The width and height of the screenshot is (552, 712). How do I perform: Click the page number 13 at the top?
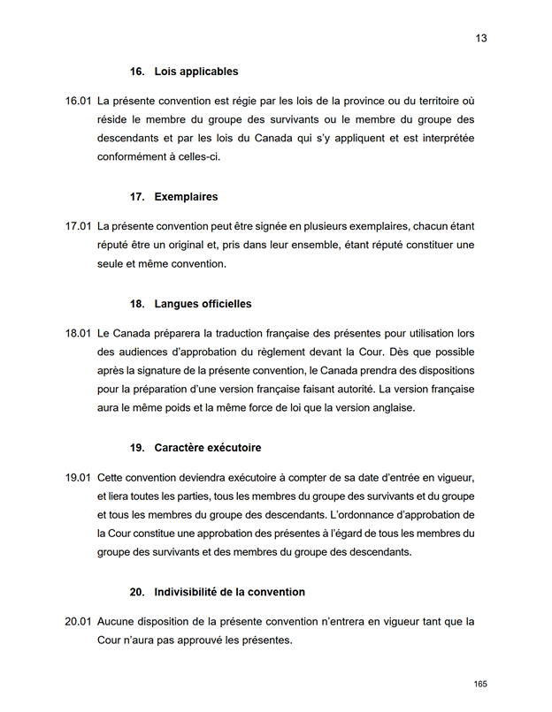coord(481,38)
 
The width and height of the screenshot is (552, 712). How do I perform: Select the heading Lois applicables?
coord(195,72)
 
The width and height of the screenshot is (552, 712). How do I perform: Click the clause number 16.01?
coord(78,101)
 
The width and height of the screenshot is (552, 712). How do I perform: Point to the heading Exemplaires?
coord(186,197)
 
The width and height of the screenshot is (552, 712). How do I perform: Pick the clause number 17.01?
coord(78,226)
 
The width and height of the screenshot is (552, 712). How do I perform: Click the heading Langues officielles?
coord(203,304)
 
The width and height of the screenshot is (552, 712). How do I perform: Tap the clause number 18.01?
coord(78,333)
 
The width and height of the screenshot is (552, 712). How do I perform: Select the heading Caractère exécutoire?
coord(207,448)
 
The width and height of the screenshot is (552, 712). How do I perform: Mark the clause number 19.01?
coord(78,477)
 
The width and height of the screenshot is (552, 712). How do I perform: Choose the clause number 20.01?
coord(78,621)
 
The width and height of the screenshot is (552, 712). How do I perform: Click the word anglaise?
coord(390,408)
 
